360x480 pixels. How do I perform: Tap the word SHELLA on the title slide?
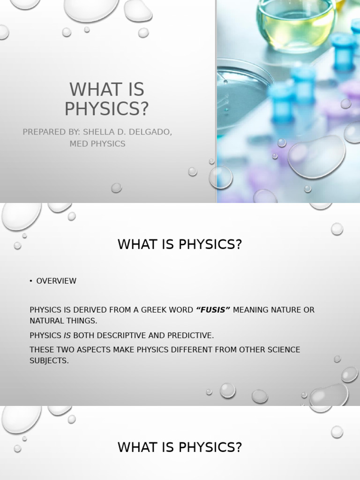(100, 132)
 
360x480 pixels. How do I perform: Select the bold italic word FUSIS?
(213, 310)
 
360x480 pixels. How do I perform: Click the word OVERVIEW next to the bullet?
(56, 281)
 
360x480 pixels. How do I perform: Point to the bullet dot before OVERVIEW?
(31, 281)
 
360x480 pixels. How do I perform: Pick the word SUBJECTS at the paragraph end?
(49, 361)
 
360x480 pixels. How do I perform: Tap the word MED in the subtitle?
(78, 144)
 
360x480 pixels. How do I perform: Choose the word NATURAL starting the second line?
(47, 321)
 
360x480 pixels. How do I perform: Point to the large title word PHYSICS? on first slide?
(106, 108)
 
